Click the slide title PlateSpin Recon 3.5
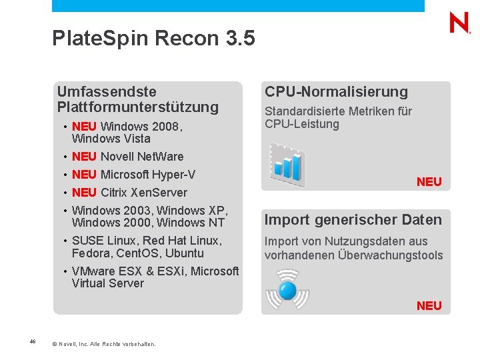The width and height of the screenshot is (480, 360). click(153, 39)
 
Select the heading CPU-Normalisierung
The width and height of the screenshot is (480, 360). click(336, 92)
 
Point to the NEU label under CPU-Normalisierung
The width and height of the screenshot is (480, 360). click(429, 182)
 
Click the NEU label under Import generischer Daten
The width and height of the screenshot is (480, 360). click(429, 306)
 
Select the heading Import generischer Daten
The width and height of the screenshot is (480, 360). click(353, 220)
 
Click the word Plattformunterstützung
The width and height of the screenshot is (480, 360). click(138, 107)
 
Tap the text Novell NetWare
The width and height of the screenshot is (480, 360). click(142, 157)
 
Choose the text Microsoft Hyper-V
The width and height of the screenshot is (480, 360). click(148, 175)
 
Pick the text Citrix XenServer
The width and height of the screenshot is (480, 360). click(144, 193)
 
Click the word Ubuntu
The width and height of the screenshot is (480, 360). click(185, 253)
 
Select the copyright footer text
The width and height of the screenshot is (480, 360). click(104, 344)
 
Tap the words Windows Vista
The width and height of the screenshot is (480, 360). click(111, 139)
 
